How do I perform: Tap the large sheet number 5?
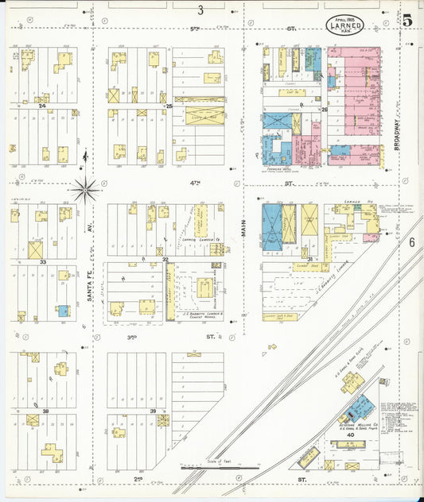point(406,21)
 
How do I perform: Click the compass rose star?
point(85,189)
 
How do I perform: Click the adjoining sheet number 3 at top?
point(201,10)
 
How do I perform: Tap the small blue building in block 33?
point(62,311)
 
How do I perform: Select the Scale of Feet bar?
point(219,468)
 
